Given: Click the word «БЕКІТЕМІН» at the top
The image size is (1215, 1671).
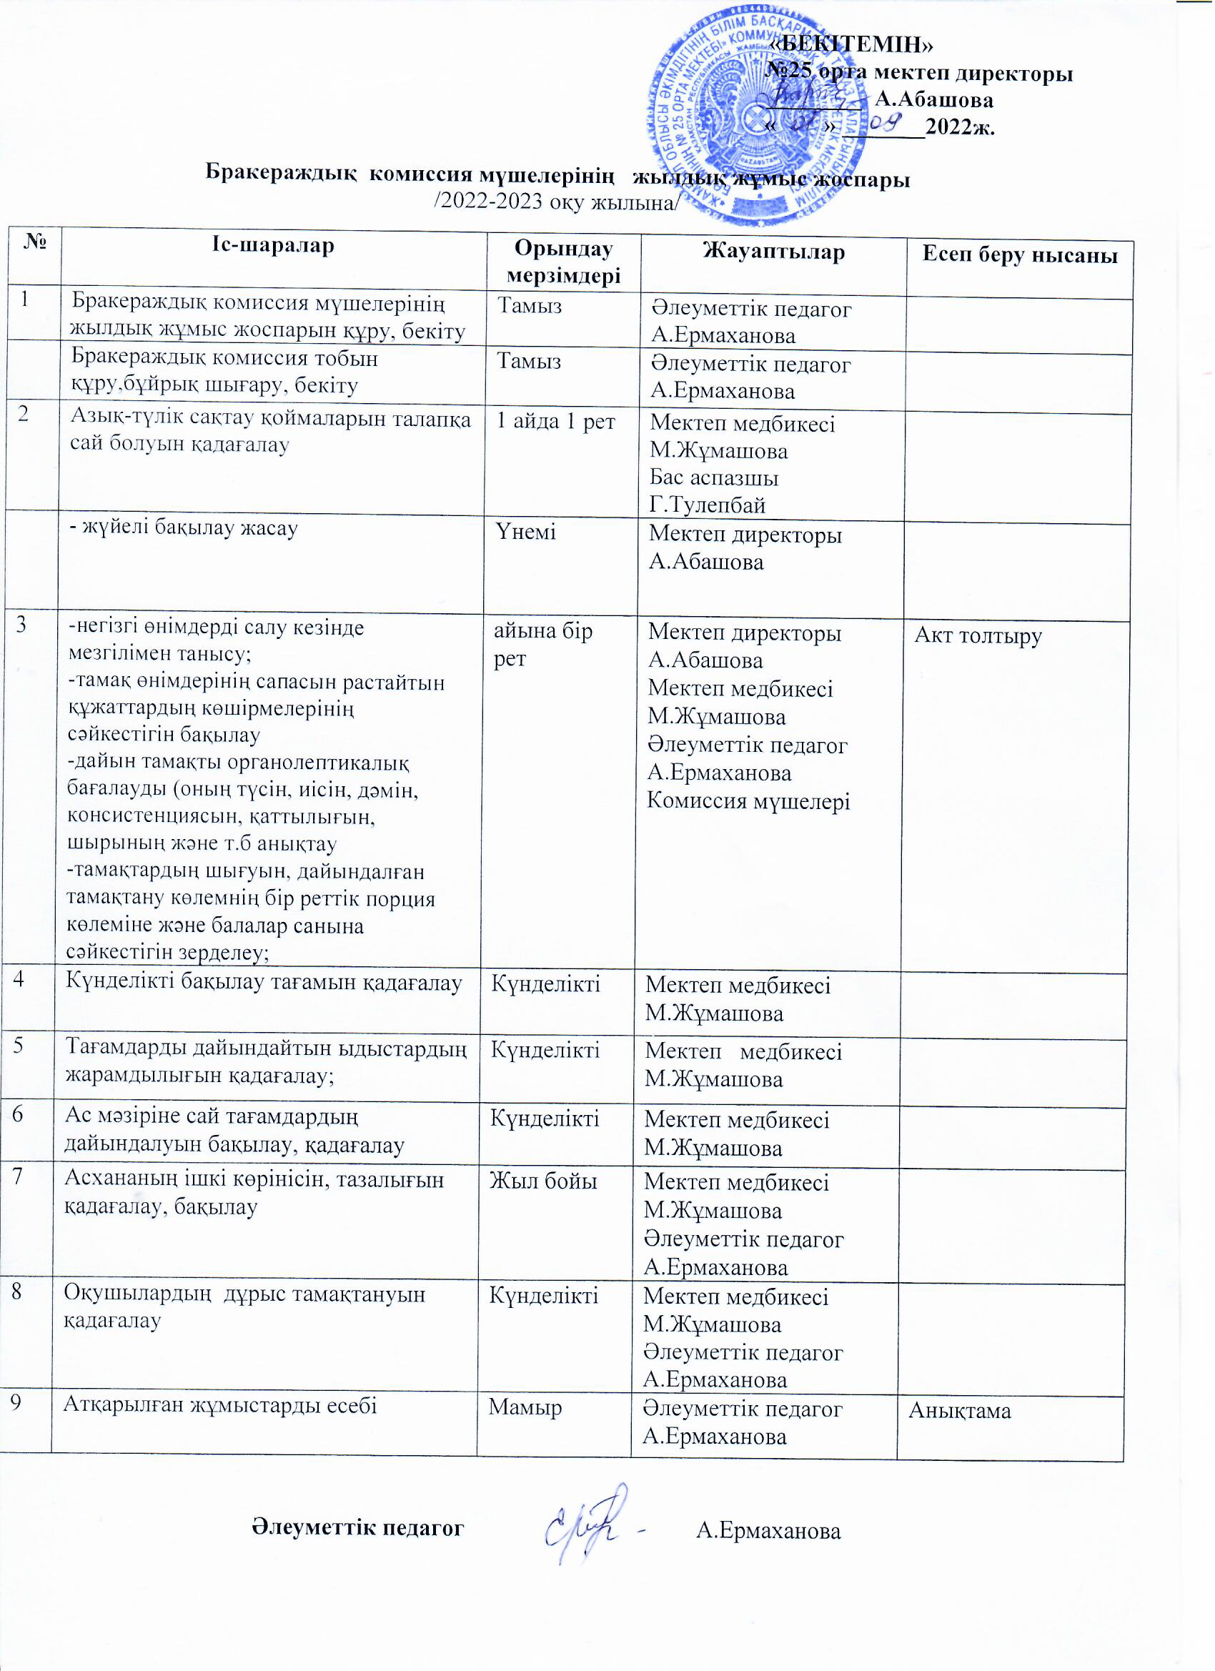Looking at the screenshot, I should (852, 44).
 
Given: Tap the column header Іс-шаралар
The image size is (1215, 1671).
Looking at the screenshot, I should (272, 245).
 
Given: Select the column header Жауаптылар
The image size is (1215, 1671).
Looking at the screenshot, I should (773, 252).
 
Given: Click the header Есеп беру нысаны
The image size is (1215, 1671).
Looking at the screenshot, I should (1021, 256).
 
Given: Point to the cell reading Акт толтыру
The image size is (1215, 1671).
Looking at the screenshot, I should (978, 636).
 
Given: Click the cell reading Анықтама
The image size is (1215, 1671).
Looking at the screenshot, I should (960, 1411).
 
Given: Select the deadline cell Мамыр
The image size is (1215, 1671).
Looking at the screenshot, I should (525, 1407).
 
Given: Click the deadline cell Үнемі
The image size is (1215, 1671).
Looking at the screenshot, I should (526, 532).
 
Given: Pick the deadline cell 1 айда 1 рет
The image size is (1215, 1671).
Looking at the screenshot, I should (555, 422).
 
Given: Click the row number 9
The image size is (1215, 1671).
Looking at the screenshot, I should (15, 1404).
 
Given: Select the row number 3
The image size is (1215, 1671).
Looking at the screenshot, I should (21, 625).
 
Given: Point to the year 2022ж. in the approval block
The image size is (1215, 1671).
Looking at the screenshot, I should (960, 127).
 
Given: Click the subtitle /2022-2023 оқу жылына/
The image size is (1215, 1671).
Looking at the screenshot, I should (556, 202).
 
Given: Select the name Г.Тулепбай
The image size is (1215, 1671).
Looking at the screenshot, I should (708, 505).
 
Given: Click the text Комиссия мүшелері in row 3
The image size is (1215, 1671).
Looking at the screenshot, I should (748, 801).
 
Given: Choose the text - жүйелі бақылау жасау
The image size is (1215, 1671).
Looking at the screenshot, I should (184, 528).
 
